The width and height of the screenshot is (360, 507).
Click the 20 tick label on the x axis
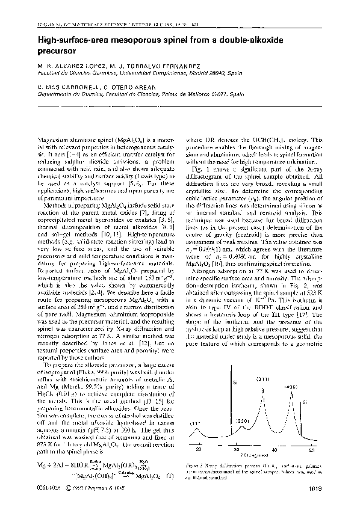pos(199,449)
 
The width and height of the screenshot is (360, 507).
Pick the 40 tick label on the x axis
pos(275,449)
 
